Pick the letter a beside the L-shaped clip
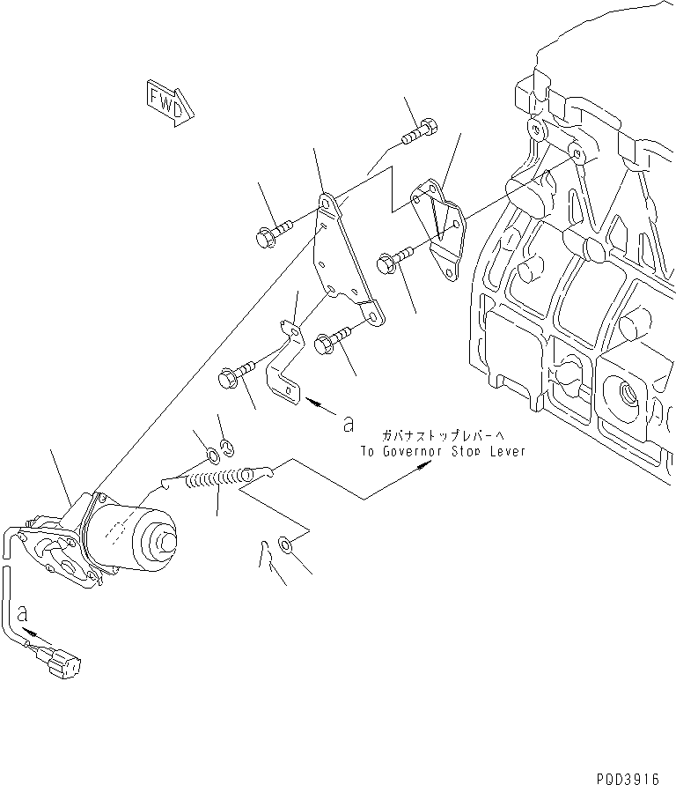[x=349, y=424]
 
